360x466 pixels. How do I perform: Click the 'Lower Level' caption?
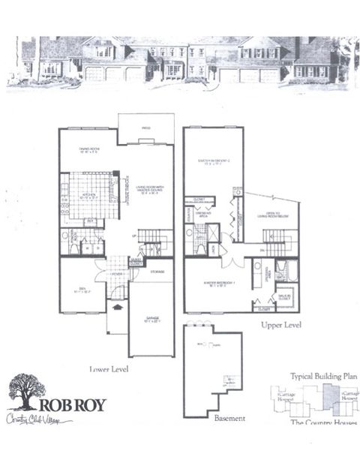coord(108,369)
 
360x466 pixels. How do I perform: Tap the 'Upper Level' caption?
coord(281,326)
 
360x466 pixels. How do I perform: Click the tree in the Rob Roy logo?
coord(27,392)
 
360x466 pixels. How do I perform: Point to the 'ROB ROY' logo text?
coord(77,406)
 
